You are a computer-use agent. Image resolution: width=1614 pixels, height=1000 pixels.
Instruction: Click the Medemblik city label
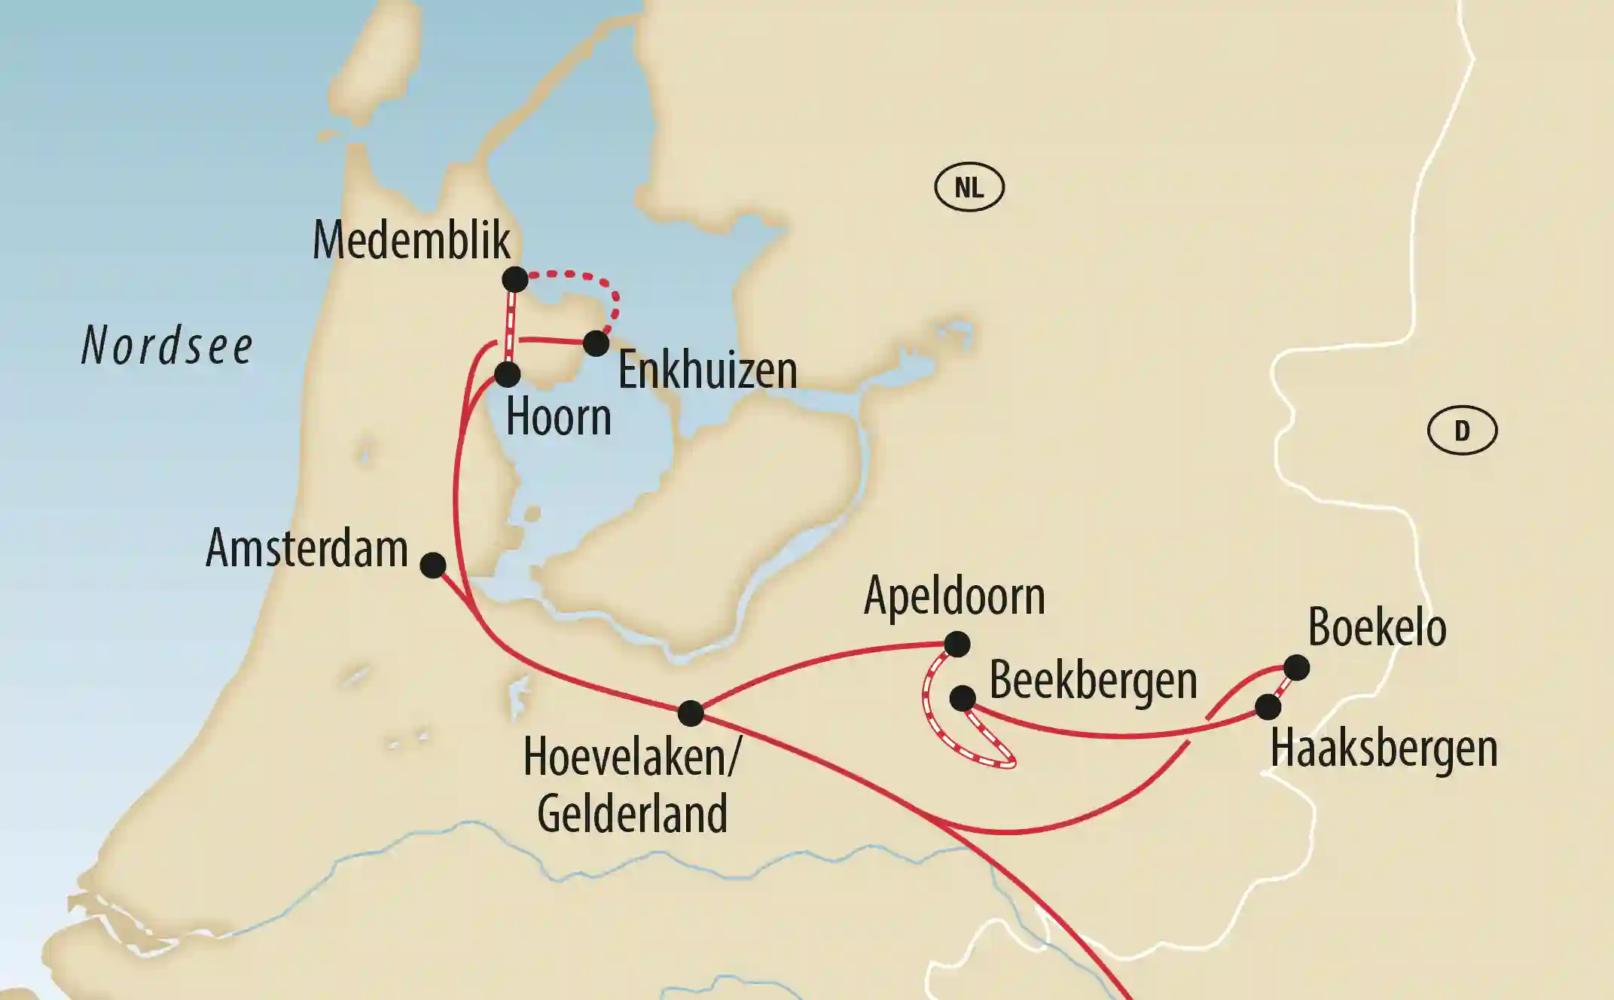pyautogui.click(x=411, y=241)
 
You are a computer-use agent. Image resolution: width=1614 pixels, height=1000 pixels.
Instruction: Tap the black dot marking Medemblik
pyautogui.click(x=515, y=280)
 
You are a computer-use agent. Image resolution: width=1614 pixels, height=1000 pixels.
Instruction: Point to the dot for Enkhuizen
pyautogui.click(x=596, y=343)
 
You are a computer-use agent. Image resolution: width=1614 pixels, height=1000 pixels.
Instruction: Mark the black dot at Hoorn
pyautogui.click(x=508, y=373)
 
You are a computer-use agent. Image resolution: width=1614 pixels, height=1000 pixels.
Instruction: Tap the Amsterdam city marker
pyautogui.click(x=433, y=565)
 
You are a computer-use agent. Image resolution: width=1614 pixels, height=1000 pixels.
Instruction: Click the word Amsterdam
pyautogui.click(x=307, y=548)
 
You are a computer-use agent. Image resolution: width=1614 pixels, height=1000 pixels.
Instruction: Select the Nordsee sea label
pyautogui.click(x=166, y=346)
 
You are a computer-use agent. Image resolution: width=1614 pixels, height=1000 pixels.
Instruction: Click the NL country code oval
pyautogui.click(x=969, y=187)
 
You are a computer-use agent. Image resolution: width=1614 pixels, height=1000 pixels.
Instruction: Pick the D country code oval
pyautogui.click(x=1462, y=431)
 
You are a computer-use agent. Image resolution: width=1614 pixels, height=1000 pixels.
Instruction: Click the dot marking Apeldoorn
pyautogui.click(x=957, y=645)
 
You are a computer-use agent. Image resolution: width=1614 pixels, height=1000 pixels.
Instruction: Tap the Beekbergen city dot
pyautogui.click(x=963, y=698)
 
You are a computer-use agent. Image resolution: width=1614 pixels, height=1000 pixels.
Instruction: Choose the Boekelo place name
pyautogui.click(x=1377, y=627)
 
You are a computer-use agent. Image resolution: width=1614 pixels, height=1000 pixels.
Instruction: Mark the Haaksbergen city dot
pyautogui.click(x=1268, y=707)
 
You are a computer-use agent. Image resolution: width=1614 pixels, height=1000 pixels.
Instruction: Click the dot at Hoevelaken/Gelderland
pyautogui.click(x=691, y=713)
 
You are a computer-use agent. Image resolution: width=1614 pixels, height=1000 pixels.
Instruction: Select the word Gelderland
pyautogui.click(x=632, y=814)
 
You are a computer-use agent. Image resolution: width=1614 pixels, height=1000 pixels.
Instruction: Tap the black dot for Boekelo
pyautogui.click(x=1296, y=667)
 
